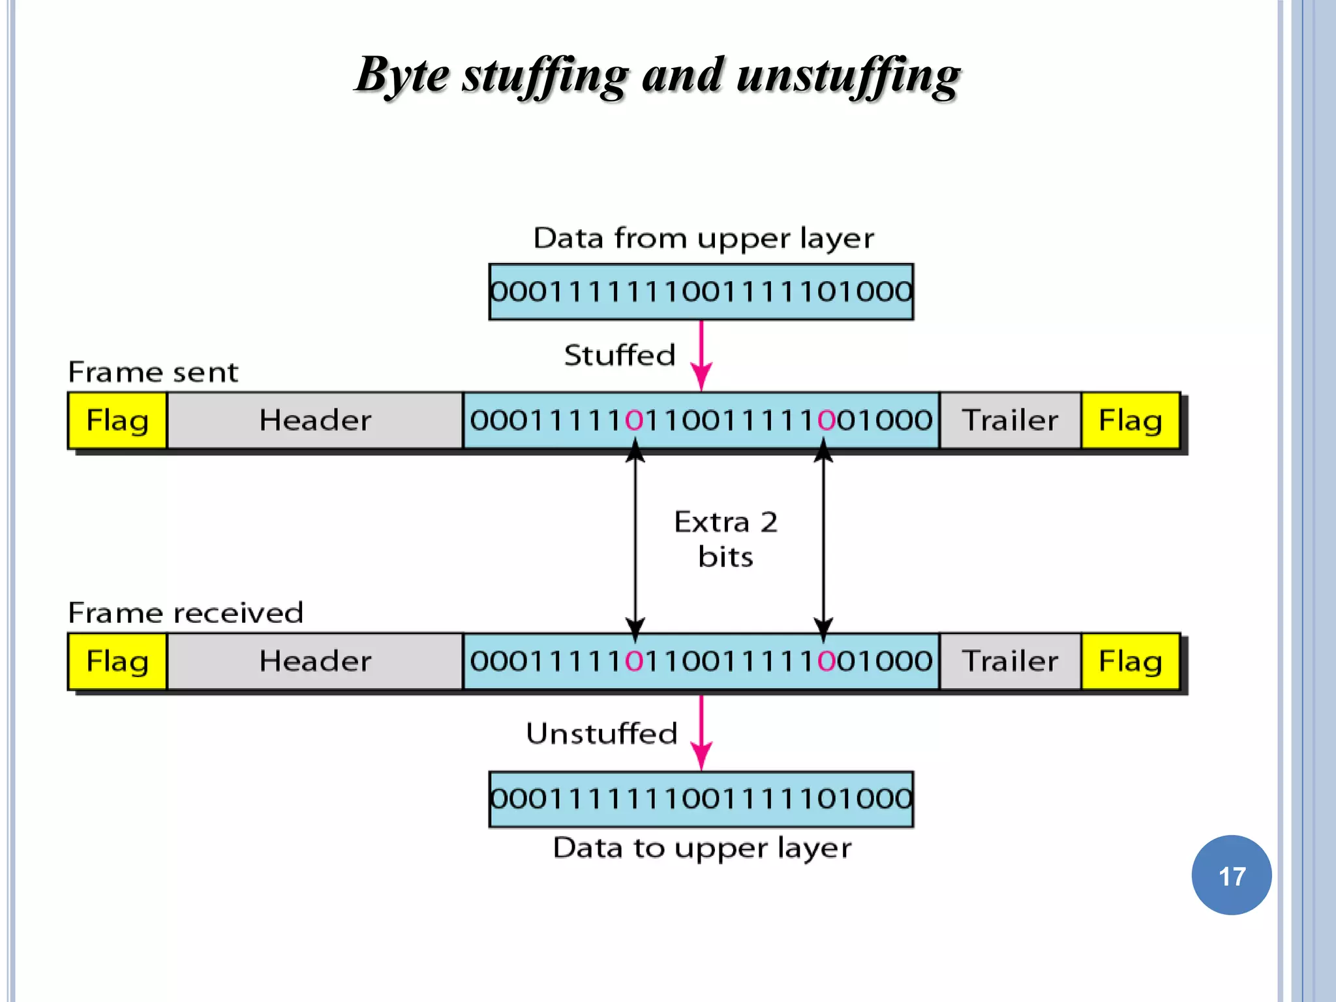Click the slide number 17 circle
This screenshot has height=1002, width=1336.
click(x=1231, y=875)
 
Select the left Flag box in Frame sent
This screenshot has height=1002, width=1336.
click(x=117, y=420)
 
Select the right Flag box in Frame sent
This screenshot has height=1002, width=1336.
click(x=1130, y=420)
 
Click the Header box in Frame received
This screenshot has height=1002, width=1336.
click(x=315, y=661)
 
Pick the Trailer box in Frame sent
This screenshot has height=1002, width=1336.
click(x=1010, y=420)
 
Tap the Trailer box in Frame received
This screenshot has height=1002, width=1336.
click(x=1010, y=661)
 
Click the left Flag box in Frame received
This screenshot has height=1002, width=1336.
click(x=117, y=661)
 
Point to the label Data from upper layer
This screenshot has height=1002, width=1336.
click(x=703, y=238)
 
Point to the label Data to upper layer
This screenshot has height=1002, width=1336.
click(x=702, y=848)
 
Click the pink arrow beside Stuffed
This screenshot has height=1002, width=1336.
click(x=701, y=356)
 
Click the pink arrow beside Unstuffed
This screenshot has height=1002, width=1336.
click(x=701, y=732)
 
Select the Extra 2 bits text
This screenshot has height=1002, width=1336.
click(x=725, y=539)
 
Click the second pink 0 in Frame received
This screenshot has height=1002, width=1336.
click(x=827, y=661)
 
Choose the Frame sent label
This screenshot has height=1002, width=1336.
click(x=153, y=372)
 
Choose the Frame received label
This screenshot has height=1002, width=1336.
click(x=185, y=613)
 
